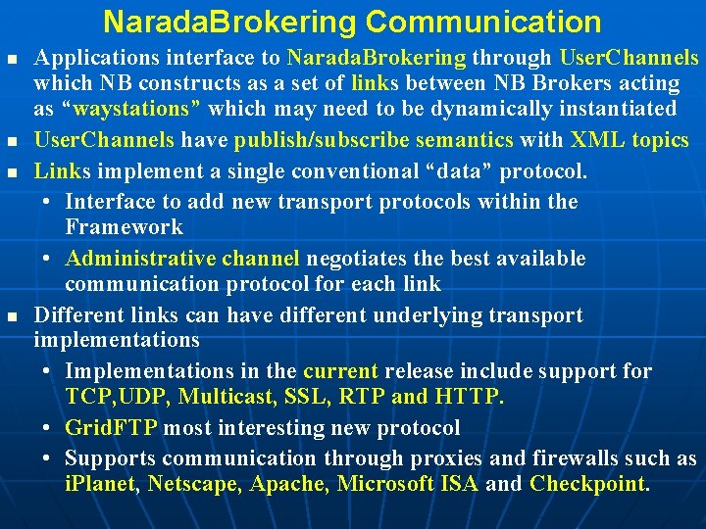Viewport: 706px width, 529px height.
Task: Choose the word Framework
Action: pyautogui.click(x=124, y=227)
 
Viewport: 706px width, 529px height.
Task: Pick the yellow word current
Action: pyautogui.click(x=340, y=371)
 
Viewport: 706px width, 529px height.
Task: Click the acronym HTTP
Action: pyautogui.click(x=466, y=397)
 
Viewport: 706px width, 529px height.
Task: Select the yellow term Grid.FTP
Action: pyautogui.click(x=110, y=428)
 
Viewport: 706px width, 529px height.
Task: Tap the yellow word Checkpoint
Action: pyautogui.click(x=587, y=484)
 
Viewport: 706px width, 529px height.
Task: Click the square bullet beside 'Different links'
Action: pyautogui.click(x=11, y=316)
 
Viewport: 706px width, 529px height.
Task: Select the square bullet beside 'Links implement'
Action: pyautogui.click(x=11, y=172)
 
